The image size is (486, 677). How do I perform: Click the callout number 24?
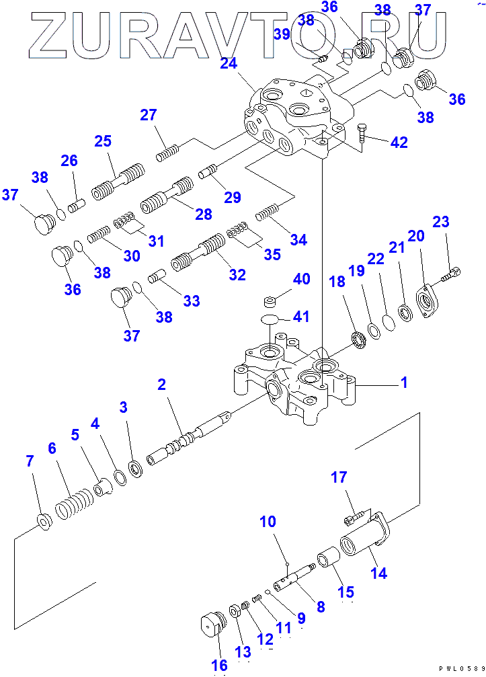pyautogui.click(x=229, y=64)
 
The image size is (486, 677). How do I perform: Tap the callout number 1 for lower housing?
pyautogui.click(x=404, y=383)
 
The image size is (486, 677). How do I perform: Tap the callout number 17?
pyautogui.click(x=339, y=477)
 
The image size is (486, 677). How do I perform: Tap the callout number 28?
pyautogui.click(x=203, y=214)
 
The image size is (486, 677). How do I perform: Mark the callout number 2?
pyautogui.click(x=161, y=385)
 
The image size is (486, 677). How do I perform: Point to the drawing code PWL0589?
pyautogui.click(x=462, y=669)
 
